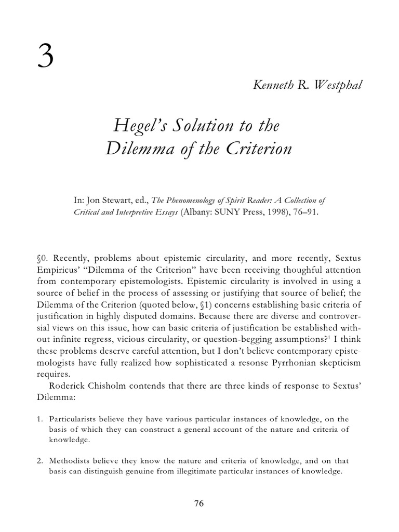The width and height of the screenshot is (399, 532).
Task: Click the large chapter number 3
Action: [x=45, y=58]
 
